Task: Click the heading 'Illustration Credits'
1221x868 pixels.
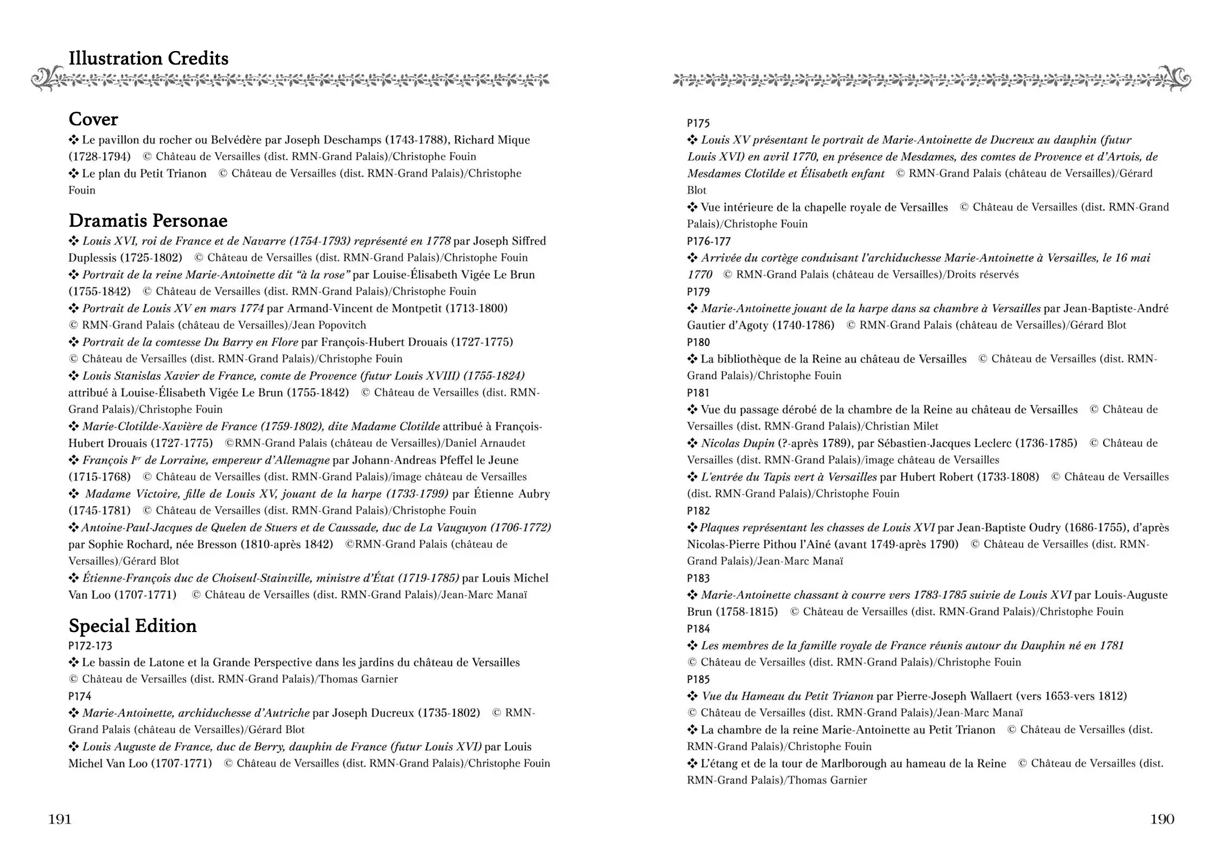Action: point(148,59)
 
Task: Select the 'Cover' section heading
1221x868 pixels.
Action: point(93,119)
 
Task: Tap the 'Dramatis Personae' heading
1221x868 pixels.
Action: point(148,221)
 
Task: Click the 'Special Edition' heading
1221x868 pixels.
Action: point(132,626)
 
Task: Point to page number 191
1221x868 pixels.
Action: point(60,819)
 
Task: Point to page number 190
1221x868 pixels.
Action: point(1162,819)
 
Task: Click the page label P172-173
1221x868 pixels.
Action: point(90,646)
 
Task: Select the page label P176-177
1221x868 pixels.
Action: point(709,241)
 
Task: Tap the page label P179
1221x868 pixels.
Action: point(698,292)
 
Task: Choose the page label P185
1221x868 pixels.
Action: point(698,679)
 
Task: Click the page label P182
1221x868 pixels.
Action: point(698,510)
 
